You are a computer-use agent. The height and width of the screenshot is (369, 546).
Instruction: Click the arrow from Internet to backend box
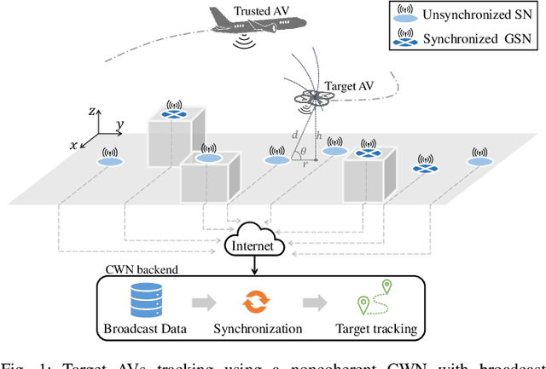pos(254,266)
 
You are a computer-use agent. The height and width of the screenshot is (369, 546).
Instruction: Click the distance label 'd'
pos(295,135)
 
